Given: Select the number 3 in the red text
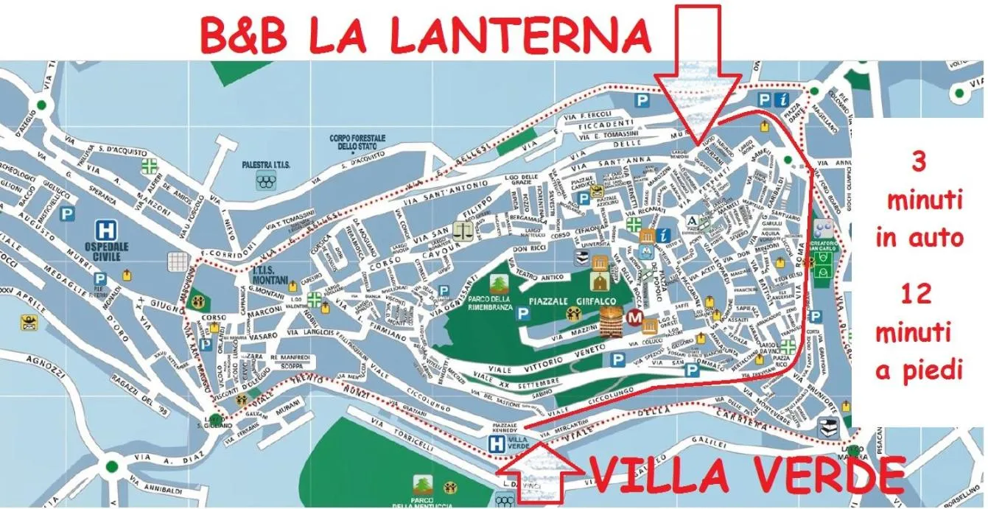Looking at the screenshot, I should tap(919, 163).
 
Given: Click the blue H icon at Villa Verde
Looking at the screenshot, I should tap(498, 443).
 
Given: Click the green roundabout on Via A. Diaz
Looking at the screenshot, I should tap(112, 466).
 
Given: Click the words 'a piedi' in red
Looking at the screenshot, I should tap(919, 371).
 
